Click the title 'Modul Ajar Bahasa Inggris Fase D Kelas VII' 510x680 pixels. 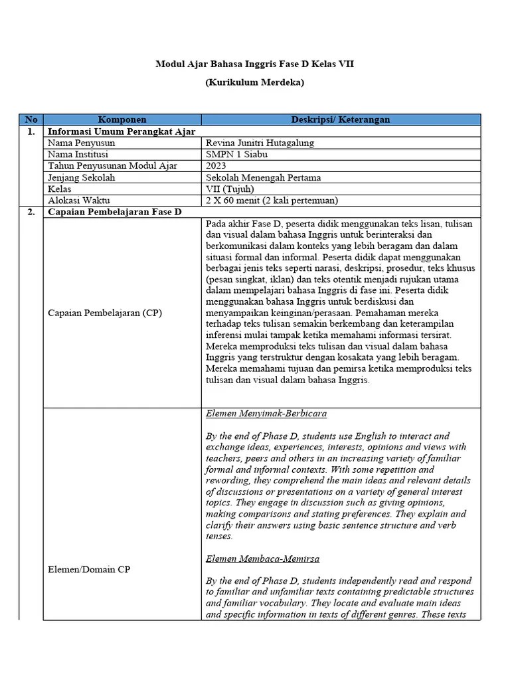[x=255, y=64]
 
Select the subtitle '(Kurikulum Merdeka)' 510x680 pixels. [x=255, y=83]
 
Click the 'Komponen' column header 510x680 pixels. [x=122, y=120]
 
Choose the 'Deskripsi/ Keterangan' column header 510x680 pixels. [x=341, y=120]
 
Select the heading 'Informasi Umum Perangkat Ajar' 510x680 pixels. [x=122, y=131]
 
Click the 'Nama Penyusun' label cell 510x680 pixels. [x=82, y=143]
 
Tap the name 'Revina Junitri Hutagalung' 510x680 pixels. [x=260, y=143]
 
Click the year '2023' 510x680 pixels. [x=216, y=165]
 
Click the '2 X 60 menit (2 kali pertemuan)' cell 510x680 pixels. [x=272, y=200]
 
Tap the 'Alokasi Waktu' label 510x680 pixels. [x=79, y=200]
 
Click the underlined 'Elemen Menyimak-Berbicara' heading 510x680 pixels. [x=266, y=413]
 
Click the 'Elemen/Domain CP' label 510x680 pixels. [x=90, y=569]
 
